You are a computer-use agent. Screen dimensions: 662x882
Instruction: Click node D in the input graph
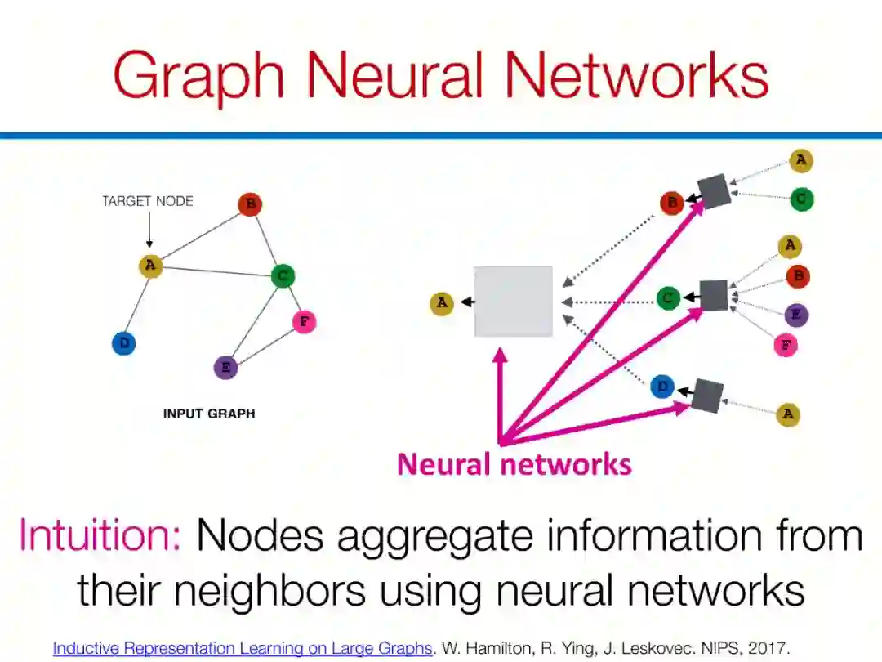point(124,343)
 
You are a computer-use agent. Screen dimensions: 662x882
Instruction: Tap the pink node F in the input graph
point(304,321)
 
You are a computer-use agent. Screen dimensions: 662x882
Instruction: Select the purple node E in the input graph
point(225,368)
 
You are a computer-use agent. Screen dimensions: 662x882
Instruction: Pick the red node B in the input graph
point(250,204)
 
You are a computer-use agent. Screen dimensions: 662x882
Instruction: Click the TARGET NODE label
point(148,201)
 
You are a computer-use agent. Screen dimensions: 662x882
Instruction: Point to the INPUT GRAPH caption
point(209,414)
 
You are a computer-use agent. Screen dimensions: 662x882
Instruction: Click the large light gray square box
point(514,302)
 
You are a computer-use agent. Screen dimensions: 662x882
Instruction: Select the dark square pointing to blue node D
point(706,396)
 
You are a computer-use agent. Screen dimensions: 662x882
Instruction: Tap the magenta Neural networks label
point(514,464)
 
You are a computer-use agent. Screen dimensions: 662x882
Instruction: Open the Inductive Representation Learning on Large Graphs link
point(242,649)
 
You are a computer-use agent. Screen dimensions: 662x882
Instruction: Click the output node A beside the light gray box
point(442,304)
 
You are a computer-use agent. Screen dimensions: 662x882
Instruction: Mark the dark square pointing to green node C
point(714,295)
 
